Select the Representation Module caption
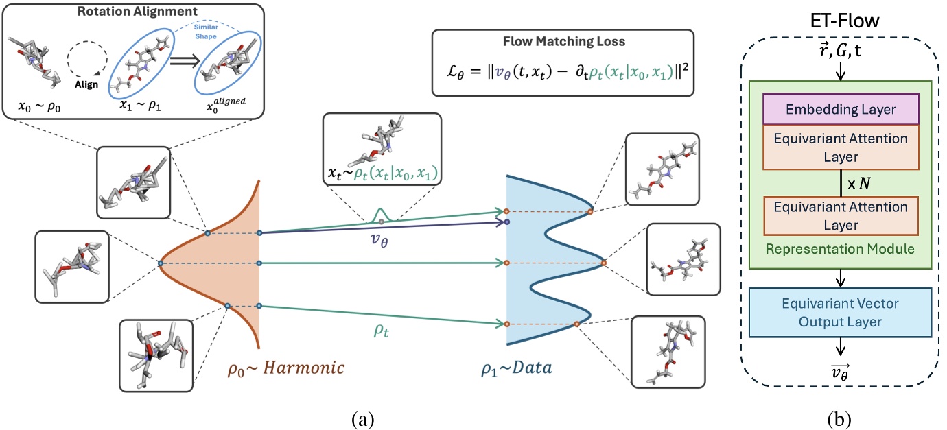839,249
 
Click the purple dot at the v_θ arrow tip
506,222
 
